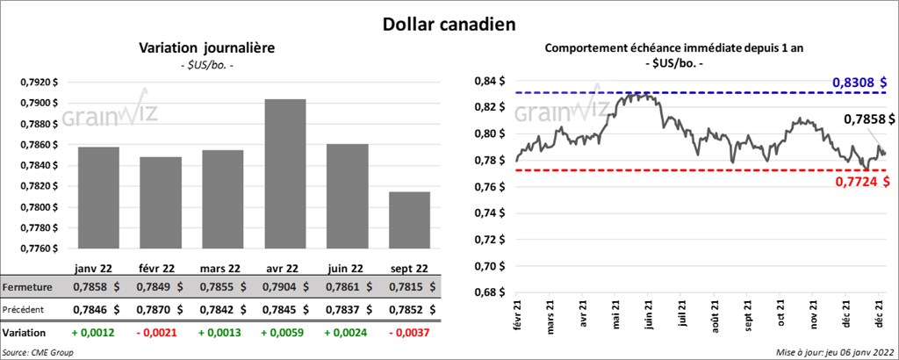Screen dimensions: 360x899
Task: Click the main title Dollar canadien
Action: point(449,21)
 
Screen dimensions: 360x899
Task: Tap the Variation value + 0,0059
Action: point(280,333)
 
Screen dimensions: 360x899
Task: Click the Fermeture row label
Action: point(27,287)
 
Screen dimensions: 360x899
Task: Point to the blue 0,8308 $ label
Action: point(859,83)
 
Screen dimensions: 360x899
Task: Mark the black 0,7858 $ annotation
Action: point(869,119)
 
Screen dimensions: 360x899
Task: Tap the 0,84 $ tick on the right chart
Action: point(488,81)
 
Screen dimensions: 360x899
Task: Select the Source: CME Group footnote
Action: point(39,351)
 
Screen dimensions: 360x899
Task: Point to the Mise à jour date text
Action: point(834,351)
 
